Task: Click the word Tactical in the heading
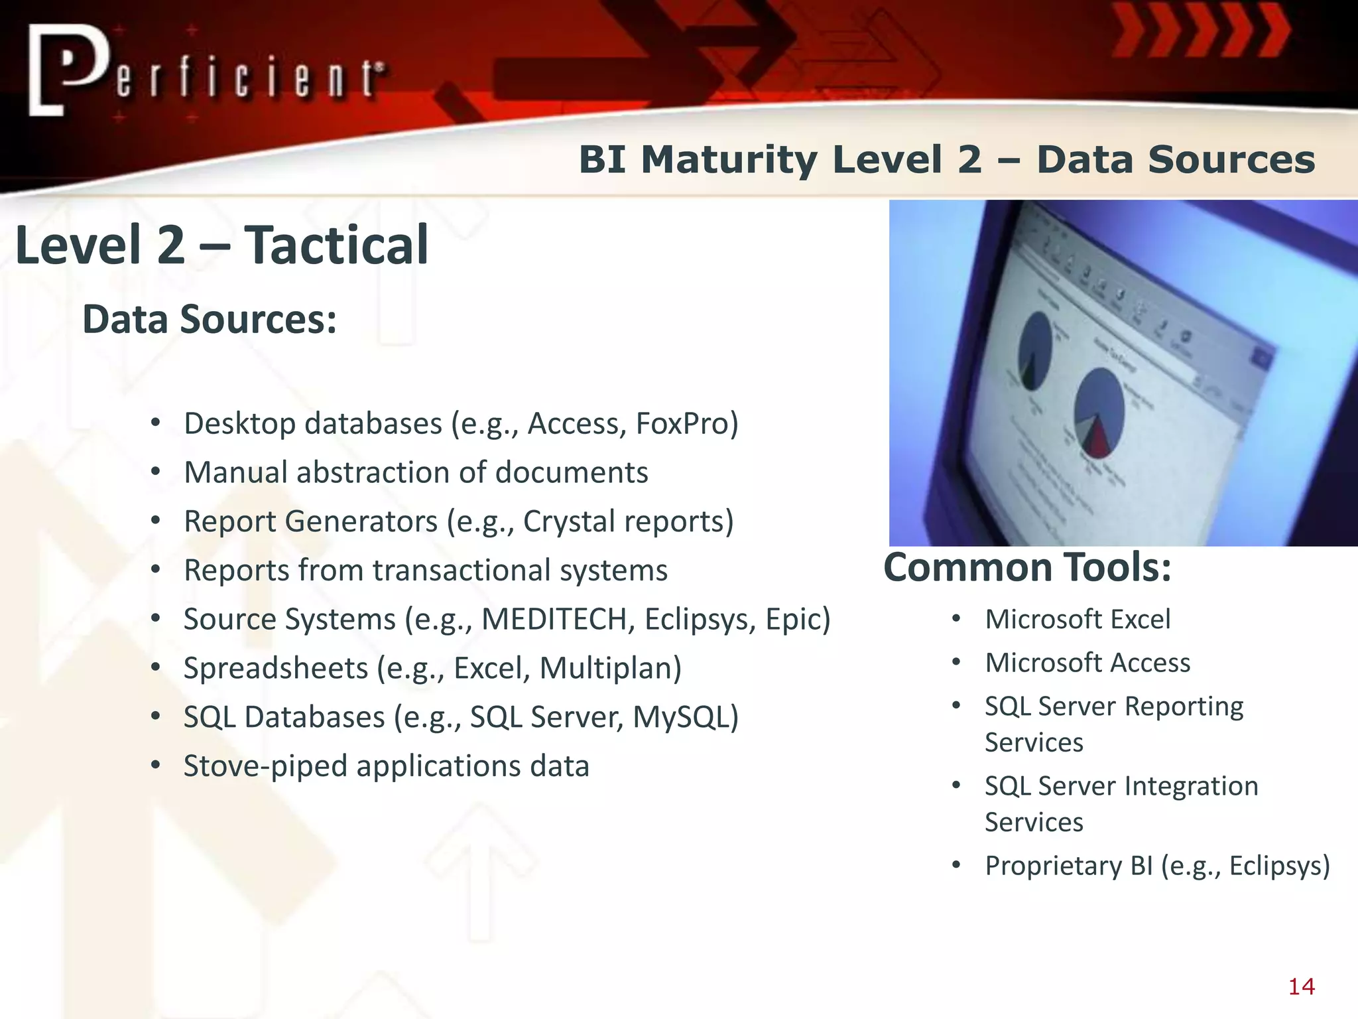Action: click(x=336, y=245)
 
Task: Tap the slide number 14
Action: click(x=1301, y=986)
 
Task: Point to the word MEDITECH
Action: click(x=554, y=620)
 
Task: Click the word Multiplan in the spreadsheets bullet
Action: click(x=610, y=668)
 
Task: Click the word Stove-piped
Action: click(x=265, y=766)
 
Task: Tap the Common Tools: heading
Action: click(x=1027, y=568)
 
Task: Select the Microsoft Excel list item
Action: click(x=1078, y=620)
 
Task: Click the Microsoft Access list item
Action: click(x=1087, y=663)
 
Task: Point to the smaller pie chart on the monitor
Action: click(x=1035, y=352)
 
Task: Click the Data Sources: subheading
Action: click(x=210, y=320)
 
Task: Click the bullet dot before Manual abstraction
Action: click(x=155, y=472)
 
